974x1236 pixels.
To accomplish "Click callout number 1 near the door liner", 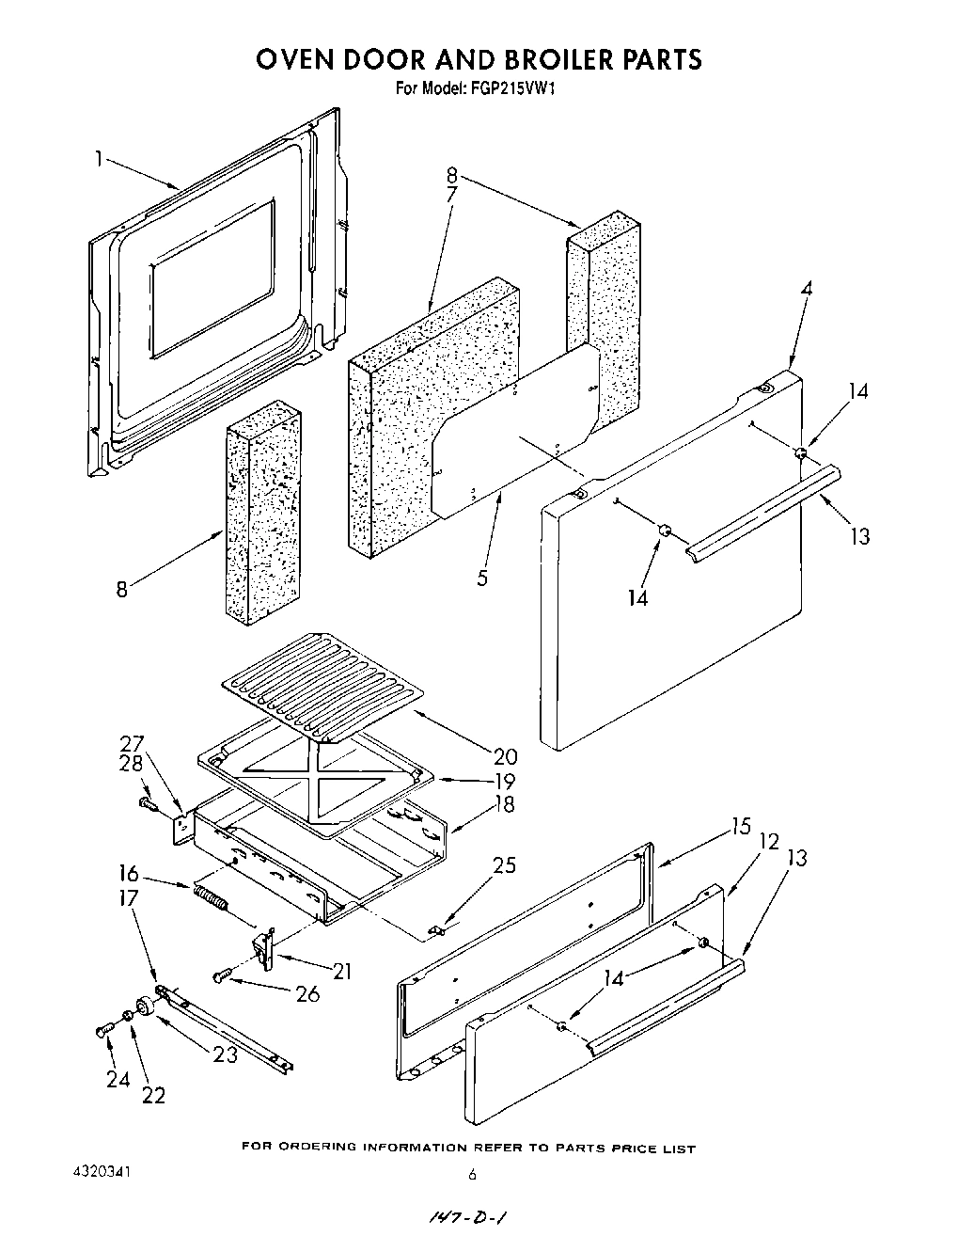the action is pos(98,159).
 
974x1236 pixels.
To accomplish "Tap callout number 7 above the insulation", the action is pos(451,195).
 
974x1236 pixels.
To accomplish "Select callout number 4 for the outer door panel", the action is pos(805,290).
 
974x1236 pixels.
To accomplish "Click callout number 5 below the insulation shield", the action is pos(482,578).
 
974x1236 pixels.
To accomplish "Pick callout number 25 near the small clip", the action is pos(504,864).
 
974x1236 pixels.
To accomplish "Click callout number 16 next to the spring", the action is pos(130,872).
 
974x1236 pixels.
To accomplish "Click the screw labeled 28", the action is pos(147,802).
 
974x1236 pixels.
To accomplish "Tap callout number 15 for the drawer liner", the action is pos(741,827).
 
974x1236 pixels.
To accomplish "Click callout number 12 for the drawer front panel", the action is pos(769,841).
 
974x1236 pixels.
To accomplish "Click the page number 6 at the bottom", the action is pos(473,1174).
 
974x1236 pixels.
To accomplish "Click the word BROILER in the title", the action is pos(554,59).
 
